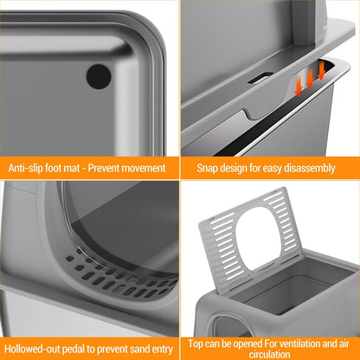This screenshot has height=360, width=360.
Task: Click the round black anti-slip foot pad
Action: click(x=99, y=76)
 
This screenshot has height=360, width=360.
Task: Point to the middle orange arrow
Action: click(x=309, y=78)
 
